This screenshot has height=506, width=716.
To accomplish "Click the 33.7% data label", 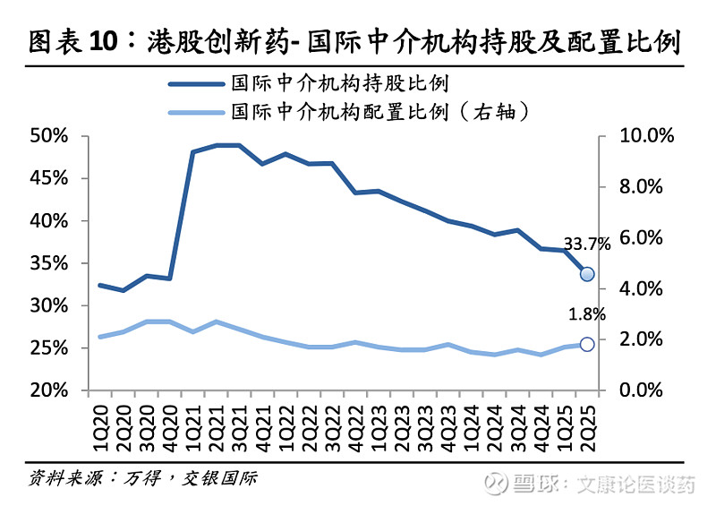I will click(586, 244).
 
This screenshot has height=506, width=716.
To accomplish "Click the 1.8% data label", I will click(587, 314).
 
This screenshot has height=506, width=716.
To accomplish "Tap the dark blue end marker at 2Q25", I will click(587, 274).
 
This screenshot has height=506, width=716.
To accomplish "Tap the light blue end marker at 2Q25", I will click(587, 344).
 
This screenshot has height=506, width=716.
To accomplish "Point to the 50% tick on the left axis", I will click(48, 136).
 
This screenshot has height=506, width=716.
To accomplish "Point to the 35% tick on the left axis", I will click(48, 263).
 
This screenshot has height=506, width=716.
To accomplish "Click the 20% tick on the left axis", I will click(48, 391).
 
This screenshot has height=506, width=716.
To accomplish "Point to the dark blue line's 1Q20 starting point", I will click(99, 286).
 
